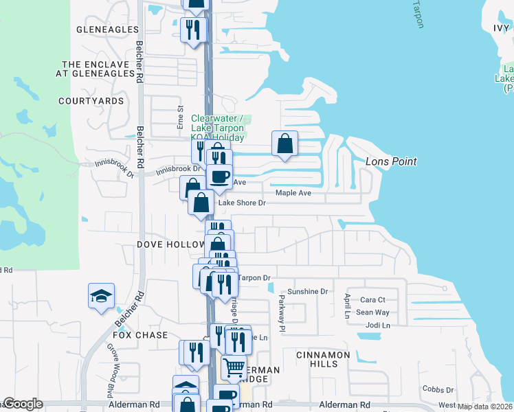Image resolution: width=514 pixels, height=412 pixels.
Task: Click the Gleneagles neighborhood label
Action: coord(108,30)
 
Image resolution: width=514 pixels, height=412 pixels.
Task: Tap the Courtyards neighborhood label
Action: coord(91,101)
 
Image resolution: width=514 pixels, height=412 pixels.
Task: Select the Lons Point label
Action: coord(391,161)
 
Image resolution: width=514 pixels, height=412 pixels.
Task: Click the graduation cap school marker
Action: coord(101,297)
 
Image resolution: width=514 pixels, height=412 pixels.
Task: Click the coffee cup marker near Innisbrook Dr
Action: coord(219,177)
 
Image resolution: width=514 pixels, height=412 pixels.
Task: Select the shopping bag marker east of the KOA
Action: coord(284,144)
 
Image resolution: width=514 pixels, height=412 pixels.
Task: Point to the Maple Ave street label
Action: coord(293,193)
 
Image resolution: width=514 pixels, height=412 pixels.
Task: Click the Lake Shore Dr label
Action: coord(241,203)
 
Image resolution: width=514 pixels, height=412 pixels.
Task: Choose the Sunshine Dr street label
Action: coord(307,292)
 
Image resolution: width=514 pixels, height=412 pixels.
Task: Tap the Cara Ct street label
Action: coord(373,300)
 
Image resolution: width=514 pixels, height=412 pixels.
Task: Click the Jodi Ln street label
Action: coord(379,325)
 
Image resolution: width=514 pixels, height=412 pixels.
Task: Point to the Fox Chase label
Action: coord(140,335)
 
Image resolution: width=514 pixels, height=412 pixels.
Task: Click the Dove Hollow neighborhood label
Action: coord(171,244)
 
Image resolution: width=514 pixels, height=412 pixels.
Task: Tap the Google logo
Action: coord(22,404)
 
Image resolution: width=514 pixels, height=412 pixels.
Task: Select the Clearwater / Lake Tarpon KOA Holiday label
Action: coord(218,128)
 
